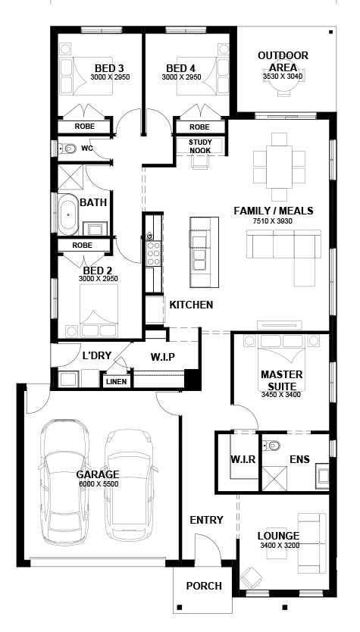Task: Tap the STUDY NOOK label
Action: (x=200, y=145)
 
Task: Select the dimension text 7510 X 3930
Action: (x=273, y=221)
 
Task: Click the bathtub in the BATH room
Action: (x=69, y=214)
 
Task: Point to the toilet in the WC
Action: (x=68, y=149)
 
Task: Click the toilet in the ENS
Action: (x=275, y=445)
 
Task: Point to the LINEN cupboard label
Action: (x=117, y=382)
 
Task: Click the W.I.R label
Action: (x=242, y=458)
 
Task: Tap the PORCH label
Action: (x=204, y=586)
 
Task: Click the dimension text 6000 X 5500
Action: (x=98, y=483)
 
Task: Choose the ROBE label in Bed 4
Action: (x=199, y=127)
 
